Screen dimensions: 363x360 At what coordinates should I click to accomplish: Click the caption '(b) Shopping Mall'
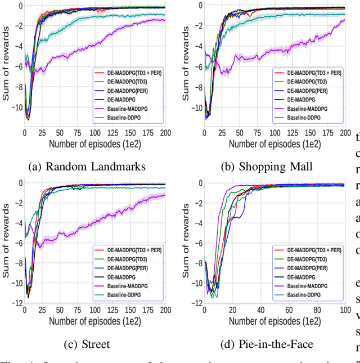coord(274,166)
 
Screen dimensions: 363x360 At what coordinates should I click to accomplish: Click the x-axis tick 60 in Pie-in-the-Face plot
coord(288,310)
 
